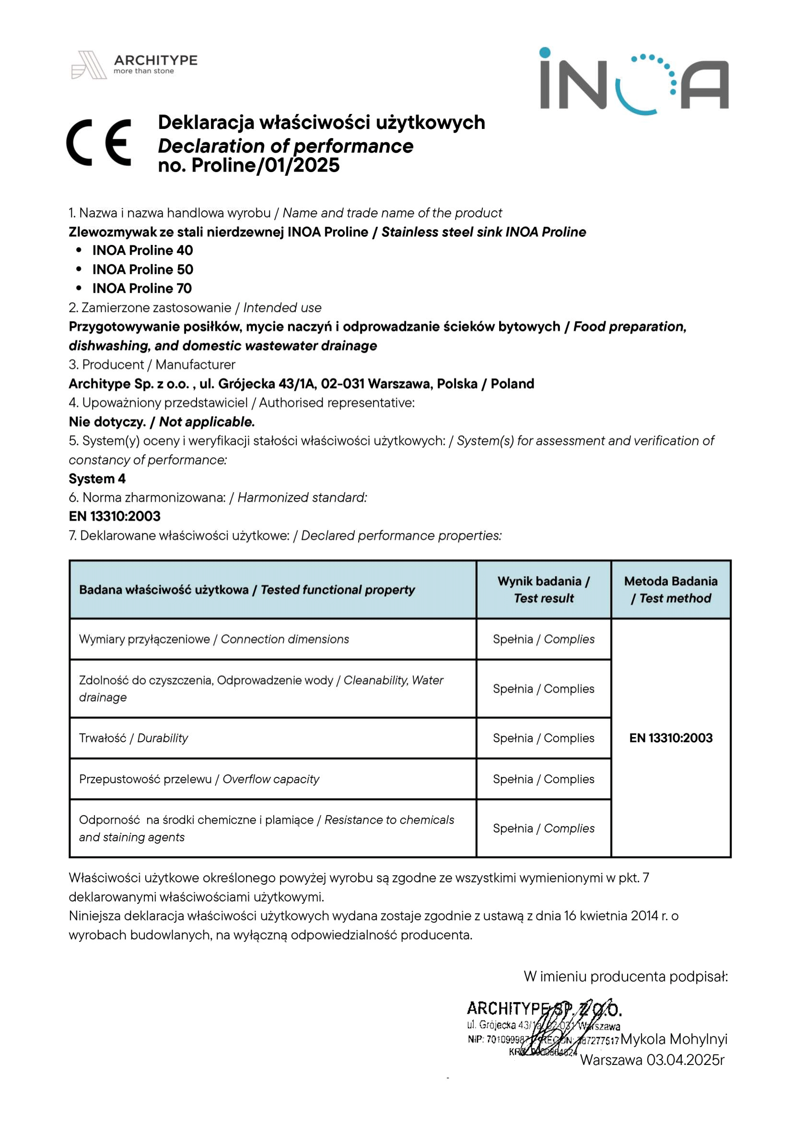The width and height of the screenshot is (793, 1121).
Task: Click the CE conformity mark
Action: [x=99, y=142]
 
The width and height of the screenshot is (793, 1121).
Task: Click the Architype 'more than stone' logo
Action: [x=134, y=65]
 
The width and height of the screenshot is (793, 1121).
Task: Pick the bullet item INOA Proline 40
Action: [x=142, y=251]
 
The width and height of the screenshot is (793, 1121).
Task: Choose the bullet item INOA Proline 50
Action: [x=142, y=269]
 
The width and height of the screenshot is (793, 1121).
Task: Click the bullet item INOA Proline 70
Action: [x=142, y=289]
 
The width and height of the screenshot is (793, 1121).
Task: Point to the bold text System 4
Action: [x=97, y=479]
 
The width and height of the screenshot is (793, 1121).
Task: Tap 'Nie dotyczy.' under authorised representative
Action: [x=107, y=422]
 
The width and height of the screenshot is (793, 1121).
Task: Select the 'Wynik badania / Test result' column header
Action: [x=544, y=590]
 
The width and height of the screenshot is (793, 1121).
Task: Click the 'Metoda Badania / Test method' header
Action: [x=670, y=590]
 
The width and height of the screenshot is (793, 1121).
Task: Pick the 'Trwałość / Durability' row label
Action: [x=133, y=738]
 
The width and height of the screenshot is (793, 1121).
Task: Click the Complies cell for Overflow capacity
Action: [x=544, y=779]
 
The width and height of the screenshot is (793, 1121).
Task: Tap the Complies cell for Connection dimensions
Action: [x=544, y=640]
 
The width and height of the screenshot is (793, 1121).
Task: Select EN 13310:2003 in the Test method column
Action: [x=670, y=738]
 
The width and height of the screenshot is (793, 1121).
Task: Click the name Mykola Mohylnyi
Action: [x=674, y=1039]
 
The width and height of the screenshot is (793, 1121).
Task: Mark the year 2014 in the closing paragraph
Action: [x=644, y=916]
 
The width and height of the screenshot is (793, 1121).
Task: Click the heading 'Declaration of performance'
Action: [x=286, y=146]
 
